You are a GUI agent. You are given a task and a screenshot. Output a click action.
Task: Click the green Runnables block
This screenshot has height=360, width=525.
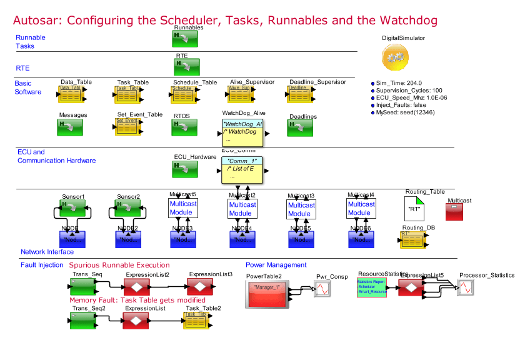pyautogui.click(x=185, y=39)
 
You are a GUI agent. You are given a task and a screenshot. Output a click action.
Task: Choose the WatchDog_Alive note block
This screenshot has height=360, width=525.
pyautogui.click(x=243, y=132)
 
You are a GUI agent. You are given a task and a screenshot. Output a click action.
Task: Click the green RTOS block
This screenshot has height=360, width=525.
pyautogui.click(x=185, y=127)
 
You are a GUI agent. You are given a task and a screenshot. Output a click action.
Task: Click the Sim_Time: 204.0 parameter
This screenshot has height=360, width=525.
pyautogui.click(x=399, y=83)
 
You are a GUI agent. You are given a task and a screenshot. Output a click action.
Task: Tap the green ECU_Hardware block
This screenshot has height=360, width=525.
pyautogui.click(x=185, y=169)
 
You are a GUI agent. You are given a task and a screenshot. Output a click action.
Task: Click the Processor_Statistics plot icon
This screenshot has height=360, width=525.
pyautogui.click(x=467, y=287)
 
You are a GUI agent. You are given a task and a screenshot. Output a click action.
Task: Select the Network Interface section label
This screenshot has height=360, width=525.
pyautogui.click(x=47, y=252)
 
